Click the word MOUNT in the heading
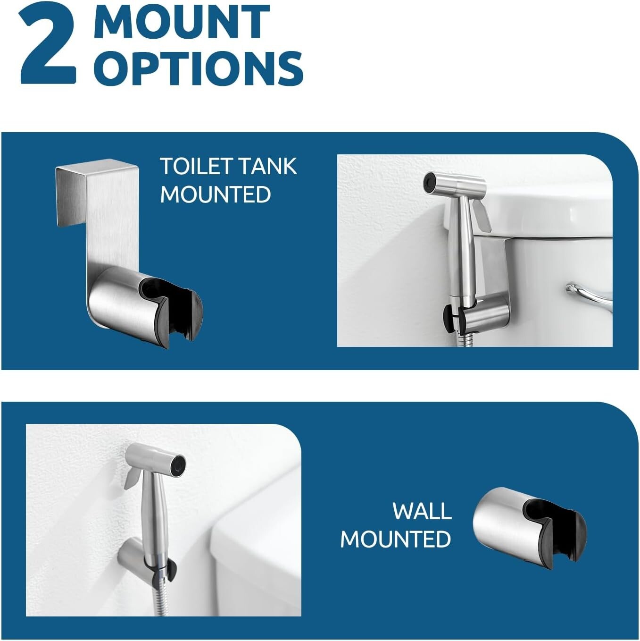click(x=182, y=22)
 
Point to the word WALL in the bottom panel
click(x=422, y=511)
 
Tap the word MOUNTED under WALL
click(x=395, y=539)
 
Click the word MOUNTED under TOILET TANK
click(x=216, y=194)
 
